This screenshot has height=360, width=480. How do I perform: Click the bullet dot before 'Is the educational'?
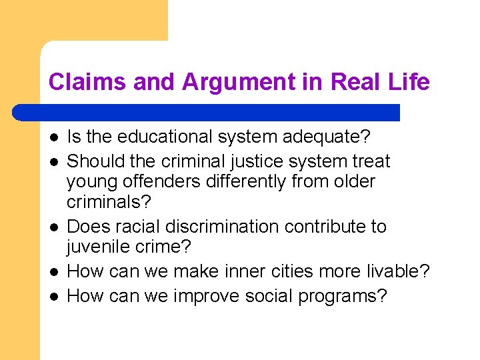(53, 138)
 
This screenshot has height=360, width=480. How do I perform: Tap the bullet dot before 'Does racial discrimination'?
(53, 227)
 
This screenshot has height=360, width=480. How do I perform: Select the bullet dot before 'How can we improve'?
(53, 296)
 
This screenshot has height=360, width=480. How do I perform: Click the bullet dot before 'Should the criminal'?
(53, 161)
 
